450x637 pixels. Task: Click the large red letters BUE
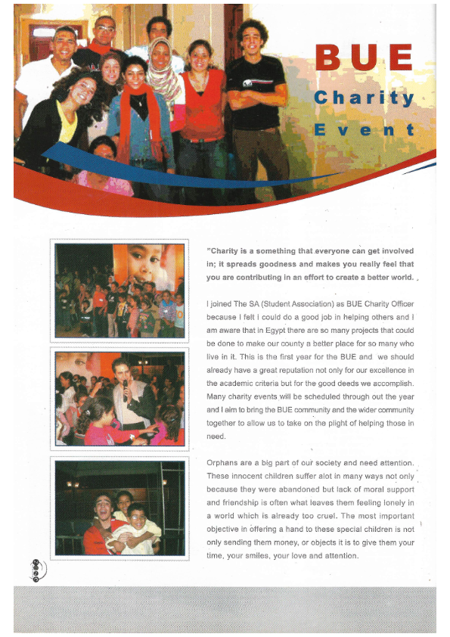pyautogui.click(x=364, y=58)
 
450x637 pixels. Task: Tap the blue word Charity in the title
pyautogui.click(x=364, y=98)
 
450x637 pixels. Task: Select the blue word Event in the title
pyautogui.click(x=364, y=129)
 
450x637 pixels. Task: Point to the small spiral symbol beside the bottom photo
pyautogui.click(x=35, y=569)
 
